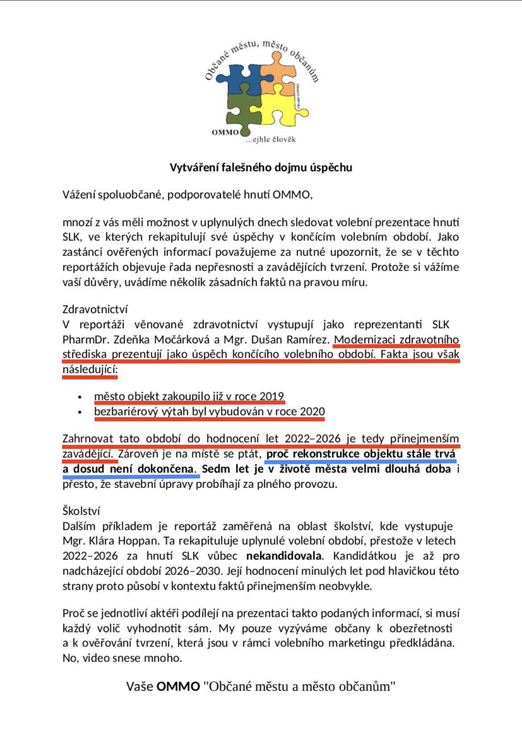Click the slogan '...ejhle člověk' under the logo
click(271, 140)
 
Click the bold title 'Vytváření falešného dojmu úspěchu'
click(261, 168)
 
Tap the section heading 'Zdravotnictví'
click(95, 309)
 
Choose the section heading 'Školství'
click(81, 511)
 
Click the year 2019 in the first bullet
click(272, 396)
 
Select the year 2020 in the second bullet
click(312, 411)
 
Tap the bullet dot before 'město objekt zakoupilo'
click(80, 397)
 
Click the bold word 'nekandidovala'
click(284, 556)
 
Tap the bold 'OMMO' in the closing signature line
click(178, 686)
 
